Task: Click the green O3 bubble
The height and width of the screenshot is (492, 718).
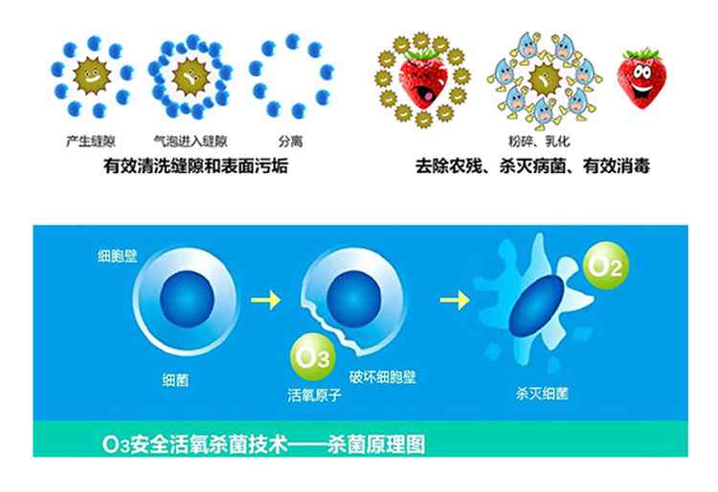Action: coord(313,357)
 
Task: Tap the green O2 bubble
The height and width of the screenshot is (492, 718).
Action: coord(605,266)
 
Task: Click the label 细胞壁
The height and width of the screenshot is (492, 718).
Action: coord(117,256)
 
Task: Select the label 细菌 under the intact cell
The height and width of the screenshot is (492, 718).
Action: coord(175,379)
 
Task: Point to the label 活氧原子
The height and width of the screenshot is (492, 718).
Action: coord(315,394)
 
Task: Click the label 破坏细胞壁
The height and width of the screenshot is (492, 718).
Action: coord(382,377)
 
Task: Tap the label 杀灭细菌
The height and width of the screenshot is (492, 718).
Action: coord(542,393)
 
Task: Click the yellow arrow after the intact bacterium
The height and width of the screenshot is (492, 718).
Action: coord(265,300)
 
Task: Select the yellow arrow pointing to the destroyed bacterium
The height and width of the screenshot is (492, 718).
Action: coord(455,301)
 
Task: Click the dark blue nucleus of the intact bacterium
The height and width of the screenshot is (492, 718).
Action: coord(187,299)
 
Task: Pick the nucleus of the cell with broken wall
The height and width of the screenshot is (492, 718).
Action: coord(353,299)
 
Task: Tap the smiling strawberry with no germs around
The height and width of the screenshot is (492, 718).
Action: coord(641,78)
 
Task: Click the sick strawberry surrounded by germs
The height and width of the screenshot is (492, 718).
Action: coord(423,80)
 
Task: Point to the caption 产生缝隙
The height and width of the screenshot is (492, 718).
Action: coord(91,141)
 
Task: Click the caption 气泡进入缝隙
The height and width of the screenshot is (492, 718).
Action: coord(191,141)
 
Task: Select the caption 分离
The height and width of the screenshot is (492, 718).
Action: coord(291,141)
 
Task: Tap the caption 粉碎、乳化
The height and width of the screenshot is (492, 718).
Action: coord(539,141)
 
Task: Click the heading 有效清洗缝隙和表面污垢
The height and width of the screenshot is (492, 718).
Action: coord(195,166)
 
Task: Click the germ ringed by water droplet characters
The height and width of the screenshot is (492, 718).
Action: coord(545,79)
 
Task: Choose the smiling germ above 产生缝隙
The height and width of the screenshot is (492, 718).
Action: coord(92,76)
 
